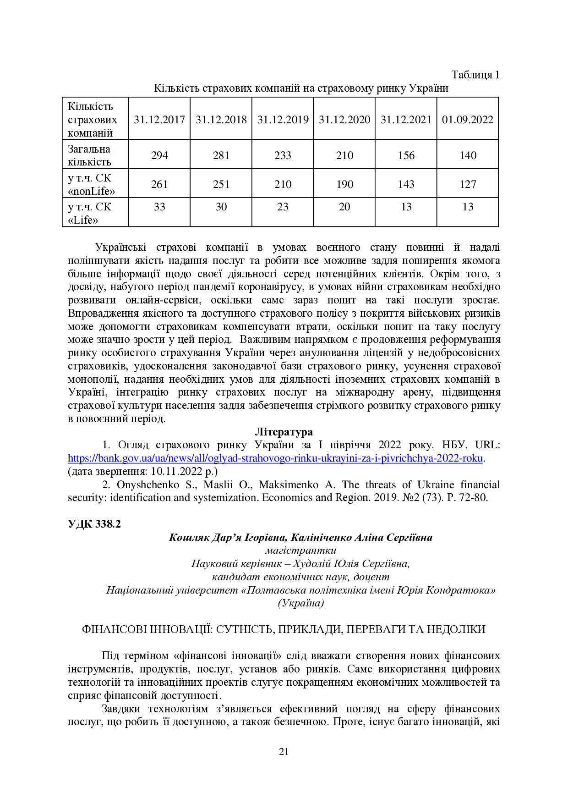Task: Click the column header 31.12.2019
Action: pos(283,120)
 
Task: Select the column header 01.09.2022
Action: pos(468,120)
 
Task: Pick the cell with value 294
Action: pos(159,155)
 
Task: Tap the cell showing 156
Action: pos(406,155)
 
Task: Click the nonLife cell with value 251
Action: pos(221,184)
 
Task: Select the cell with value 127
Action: pos(468,184)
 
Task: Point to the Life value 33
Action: pos(159,207)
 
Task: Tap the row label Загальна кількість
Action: pos(90,155)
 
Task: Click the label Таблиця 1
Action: pos(475,75)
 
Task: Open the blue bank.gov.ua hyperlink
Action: pos(275,458)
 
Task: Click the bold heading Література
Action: pos(284,432)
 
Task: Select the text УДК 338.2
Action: pos(94,524)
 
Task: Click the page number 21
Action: pos(284,751)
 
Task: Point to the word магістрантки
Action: pos(300,551)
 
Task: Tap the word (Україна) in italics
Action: pos(300,603)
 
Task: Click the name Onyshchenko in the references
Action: pos(148,485)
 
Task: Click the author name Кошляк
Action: pos(188,537)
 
